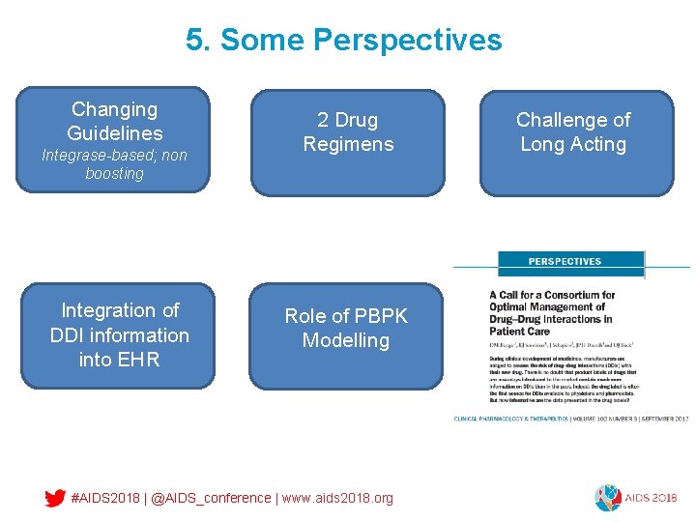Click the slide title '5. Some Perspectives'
click(344, 40)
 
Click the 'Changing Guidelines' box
click(115, 121)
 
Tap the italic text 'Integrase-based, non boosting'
click(114, 164)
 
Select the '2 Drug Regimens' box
click(348, 141)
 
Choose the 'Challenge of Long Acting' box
click(576, 141)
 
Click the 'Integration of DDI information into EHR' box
click(120, 335)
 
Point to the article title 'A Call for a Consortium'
click(552, 295)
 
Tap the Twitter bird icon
click(55, 498)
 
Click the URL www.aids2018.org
click(337, 498)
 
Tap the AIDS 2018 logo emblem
click(608, 497)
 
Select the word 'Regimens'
click(348, 144)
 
